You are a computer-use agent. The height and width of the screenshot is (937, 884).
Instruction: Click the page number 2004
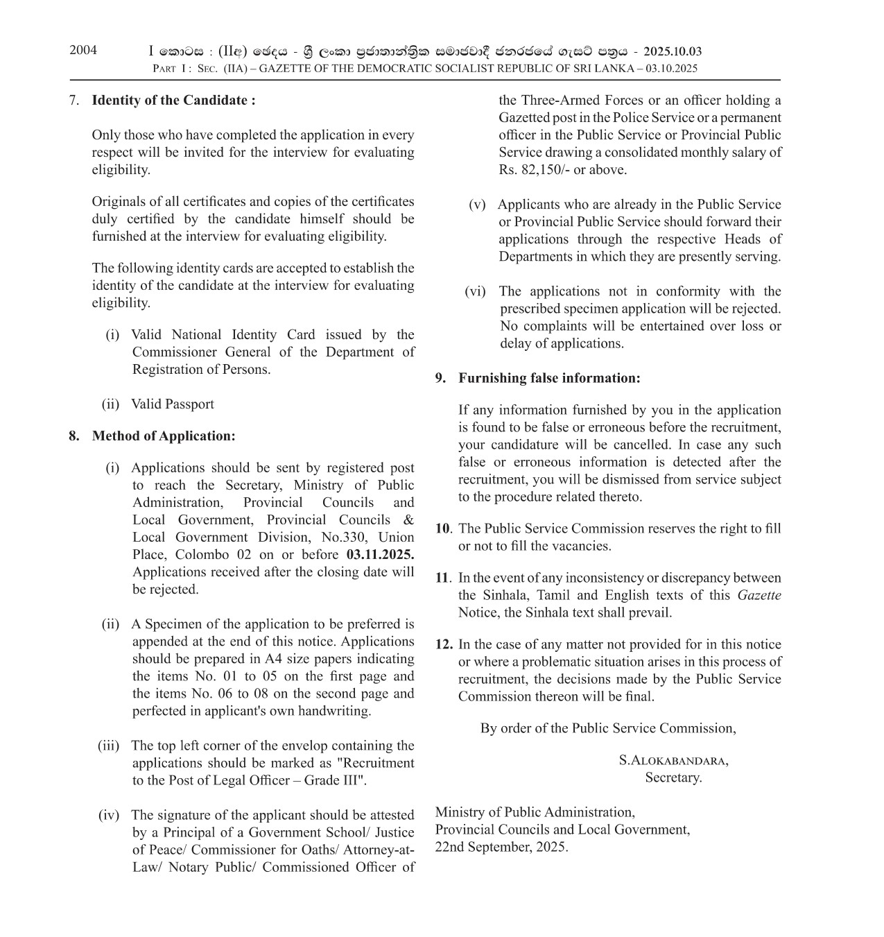(83, 50)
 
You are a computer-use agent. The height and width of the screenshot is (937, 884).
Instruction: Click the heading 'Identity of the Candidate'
(173, 100)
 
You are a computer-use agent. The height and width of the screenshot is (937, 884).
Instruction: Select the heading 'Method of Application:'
(164, 436)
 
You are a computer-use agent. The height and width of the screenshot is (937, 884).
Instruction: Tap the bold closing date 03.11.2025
(380, 554)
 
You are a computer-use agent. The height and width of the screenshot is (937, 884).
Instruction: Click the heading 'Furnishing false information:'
(549, 378)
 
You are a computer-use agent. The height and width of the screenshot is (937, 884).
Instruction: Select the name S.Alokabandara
(673, 760)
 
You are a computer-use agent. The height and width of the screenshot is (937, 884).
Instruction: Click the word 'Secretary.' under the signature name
(673, 777)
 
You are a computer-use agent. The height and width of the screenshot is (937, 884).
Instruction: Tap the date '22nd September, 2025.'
(501, 847)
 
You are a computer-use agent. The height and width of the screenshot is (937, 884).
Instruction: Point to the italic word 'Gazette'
(759, 595)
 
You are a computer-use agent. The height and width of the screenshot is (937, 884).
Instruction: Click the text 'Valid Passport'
(173, 404)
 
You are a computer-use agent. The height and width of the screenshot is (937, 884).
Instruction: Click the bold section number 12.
(444, 644)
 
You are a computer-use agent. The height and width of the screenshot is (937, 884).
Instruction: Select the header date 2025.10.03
(673, 51)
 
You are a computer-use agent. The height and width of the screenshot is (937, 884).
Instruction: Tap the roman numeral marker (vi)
(475, 291)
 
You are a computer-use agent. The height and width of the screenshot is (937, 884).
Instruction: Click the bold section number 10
(443, 528)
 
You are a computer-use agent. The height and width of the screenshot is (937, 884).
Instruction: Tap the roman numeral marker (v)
(477, 205)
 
